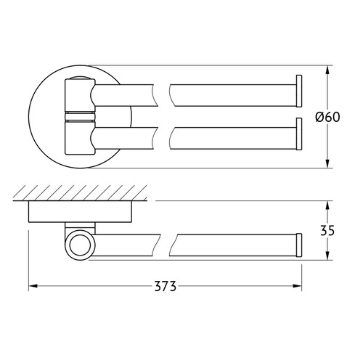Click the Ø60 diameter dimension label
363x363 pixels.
(327, 117)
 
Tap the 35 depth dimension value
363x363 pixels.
(327, 230)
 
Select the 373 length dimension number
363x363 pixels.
(166, 286)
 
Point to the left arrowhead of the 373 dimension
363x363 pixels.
(33, 286)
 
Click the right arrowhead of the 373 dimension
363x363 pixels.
(298, 286)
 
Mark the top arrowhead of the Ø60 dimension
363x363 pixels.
(327, 70)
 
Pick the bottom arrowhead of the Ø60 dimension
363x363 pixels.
(327, 163)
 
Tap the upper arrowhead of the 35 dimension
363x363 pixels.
(327, 205)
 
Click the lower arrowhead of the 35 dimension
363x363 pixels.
(327, 256)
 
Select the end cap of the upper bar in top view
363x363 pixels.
(299, 91)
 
